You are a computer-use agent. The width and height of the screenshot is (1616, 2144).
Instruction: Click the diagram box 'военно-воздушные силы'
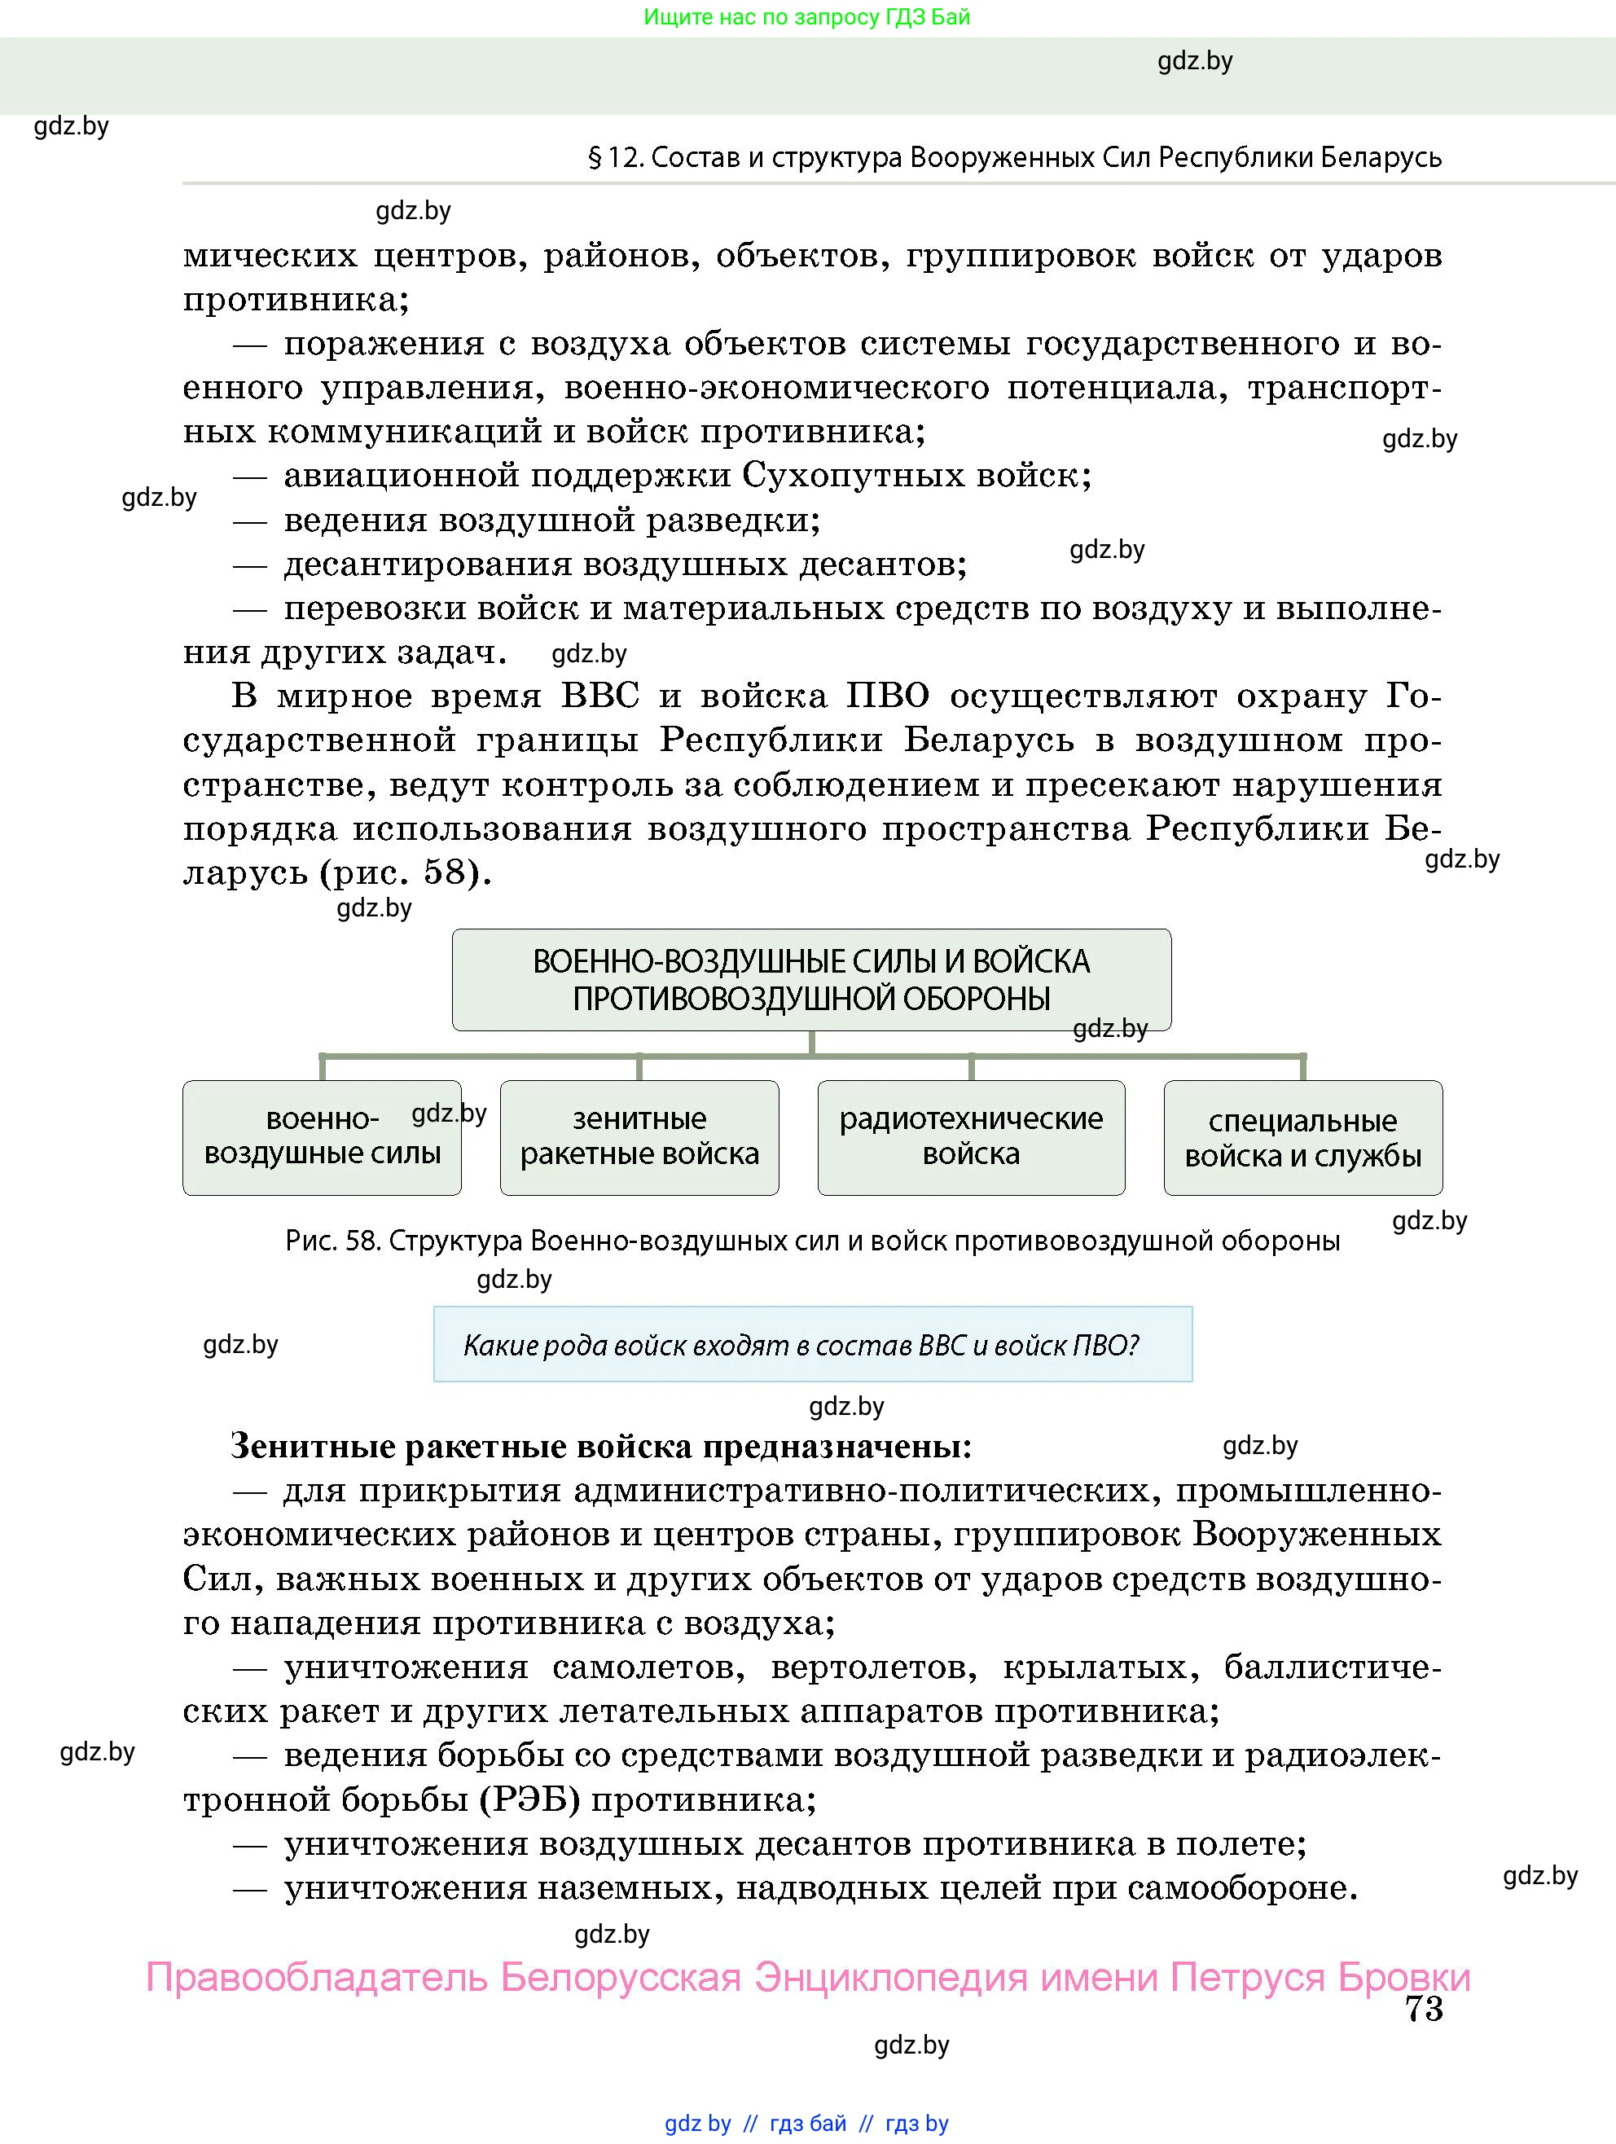point(322,1137)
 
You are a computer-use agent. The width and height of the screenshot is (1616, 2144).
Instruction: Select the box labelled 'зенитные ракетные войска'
point(639,1137)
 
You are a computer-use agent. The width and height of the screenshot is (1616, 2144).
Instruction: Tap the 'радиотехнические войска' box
point(970,1137)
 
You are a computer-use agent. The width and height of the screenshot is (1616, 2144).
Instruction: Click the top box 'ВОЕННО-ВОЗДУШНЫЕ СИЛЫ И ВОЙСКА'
point(810,979)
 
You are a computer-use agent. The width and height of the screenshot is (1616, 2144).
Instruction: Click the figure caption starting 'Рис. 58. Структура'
point(812,1241)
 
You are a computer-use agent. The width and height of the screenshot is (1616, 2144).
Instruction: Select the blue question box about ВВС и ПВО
point(812,1344)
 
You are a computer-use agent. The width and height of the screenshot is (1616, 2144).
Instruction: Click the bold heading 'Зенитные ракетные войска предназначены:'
point(601,1446)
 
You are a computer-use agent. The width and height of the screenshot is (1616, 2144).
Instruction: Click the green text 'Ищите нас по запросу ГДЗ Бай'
point(806,16)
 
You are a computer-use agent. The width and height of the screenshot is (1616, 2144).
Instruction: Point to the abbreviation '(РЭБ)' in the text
point(529,1800)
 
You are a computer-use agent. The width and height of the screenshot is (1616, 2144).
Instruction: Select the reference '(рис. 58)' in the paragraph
point(405,873)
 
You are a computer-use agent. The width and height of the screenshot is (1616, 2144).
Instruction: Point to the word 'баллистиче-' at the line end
point(1333,1667)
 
